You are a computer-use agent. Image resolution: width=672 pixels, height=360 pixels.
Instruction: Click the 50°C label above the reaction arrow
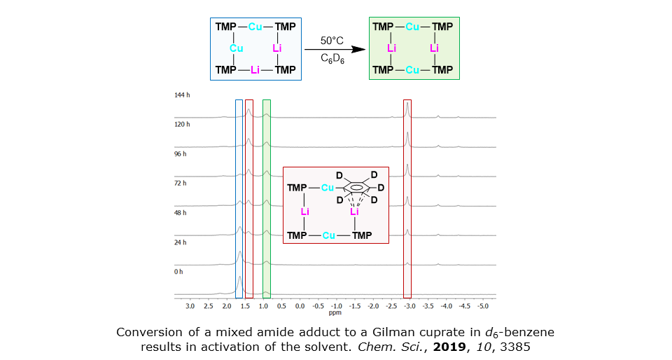pyautogui.click(x=331, y=41)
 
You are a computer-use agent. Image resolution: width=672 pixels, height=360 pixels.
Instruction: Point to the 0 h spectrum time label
pyautogui.click(x=179, y=271)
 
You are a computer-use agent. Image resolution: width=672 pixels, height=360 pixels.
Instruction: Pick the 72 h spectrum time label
pyautogui.click(x=181, y=183)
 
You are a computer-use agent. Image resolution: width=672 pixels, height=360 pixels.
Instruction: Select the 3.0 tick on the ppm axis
pyautogui.click(x=190, y=307)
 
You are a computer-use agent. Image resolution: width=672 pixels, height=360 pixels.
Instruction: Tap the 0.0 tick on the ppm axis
pyautogui.click(x=299, y=307)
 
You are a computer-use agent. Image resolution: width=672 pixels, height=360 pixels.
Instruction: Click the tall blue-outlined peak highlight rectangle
pyautogui.click(x=239, y=198)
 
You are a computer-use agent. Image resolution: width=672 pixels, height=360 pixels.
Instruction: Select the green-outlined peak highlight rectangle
pyautogui.click(x=266, y=198)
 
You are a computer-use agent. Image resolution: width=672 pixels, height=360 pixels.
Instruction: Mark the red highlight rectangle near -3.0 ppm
pyautogui.click(x=408, y=198)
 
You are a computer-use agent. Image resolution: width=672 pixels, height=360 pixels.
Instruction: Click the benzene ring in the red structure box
pyautogui.click(x=356, y=188)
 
